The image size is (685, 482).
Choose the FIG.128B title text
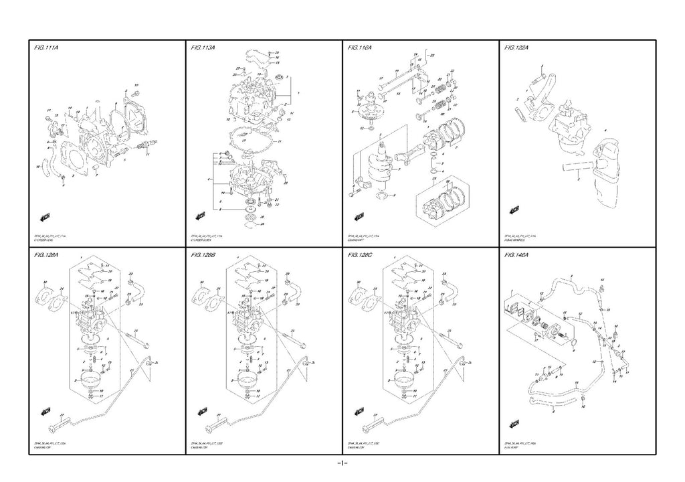pyautogui.click(x=203, y=255)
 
